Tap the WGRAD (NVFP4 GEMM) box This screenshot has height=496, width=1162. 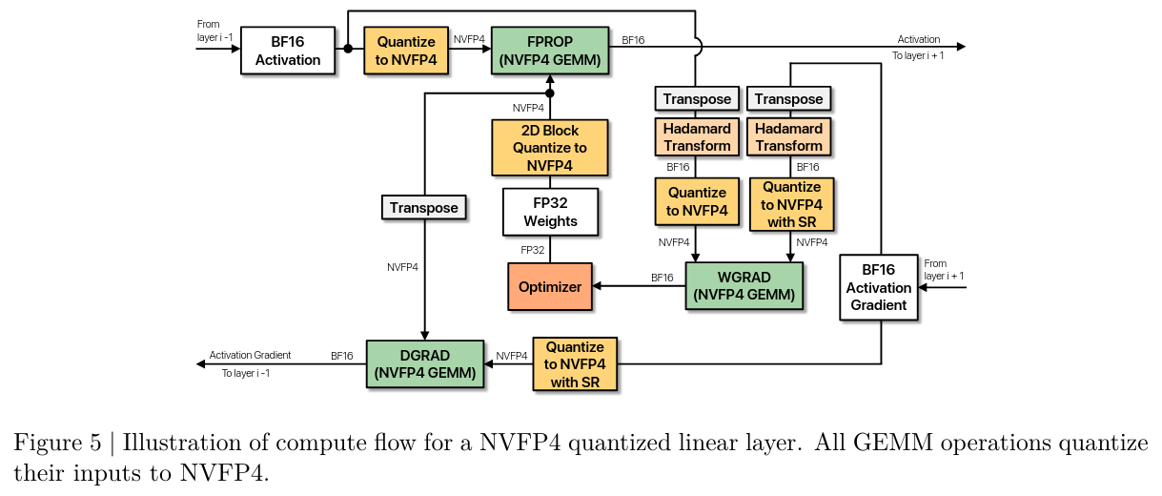(x=744, y=286)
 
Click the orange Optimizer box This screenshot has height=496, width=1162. (x=550, y=286)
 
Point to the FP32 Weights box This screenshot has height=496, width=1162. (x=550, y=212)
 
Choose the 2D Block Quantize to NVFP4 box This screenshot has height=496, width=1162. (x=550, y=148)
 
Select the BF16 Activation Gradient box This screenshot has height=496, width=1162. (x=878, y=287)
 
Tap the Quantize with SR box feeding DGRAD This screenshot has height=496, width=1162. (x=575, y=363)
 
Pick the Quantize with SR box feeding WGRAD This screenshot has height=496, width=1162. (x=791, y=205)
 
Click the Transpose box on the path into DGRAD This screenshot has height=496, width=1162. (x=424, y=207)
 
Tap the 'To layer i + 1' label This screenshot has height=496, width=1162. (x=918, y=55)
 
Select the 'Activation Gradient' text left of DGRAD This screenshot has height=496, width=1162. (x=250, y=355)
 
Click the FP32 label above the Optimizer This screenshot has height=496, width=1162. (x=532, y=250)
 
